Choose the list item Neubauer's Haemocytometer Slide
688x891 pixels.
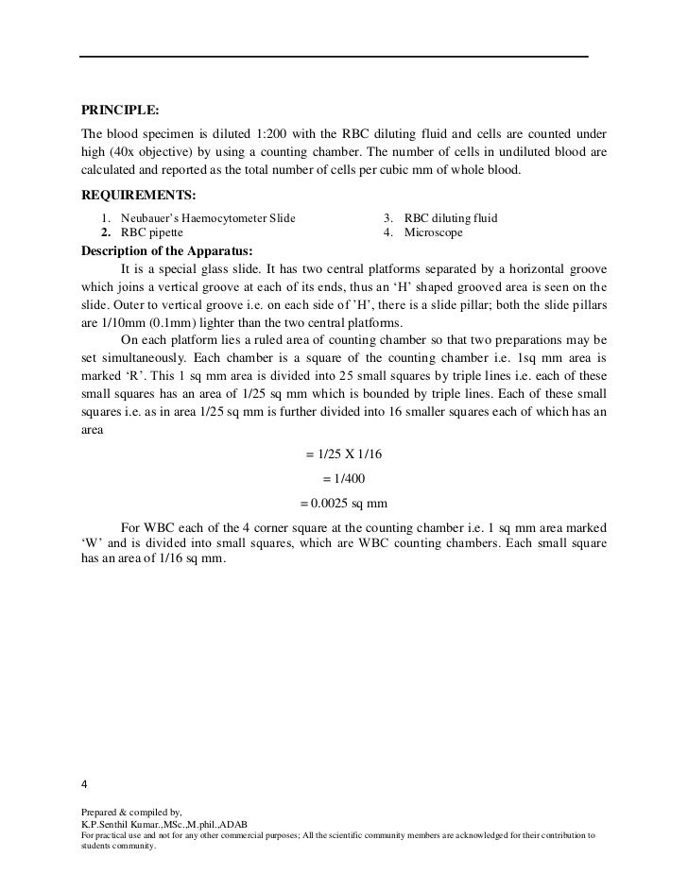208,218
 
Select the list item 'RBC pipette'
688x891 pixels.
152,232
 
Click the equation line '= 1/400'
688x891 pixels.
344,478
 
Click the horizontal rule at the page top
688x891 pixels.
333,57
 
